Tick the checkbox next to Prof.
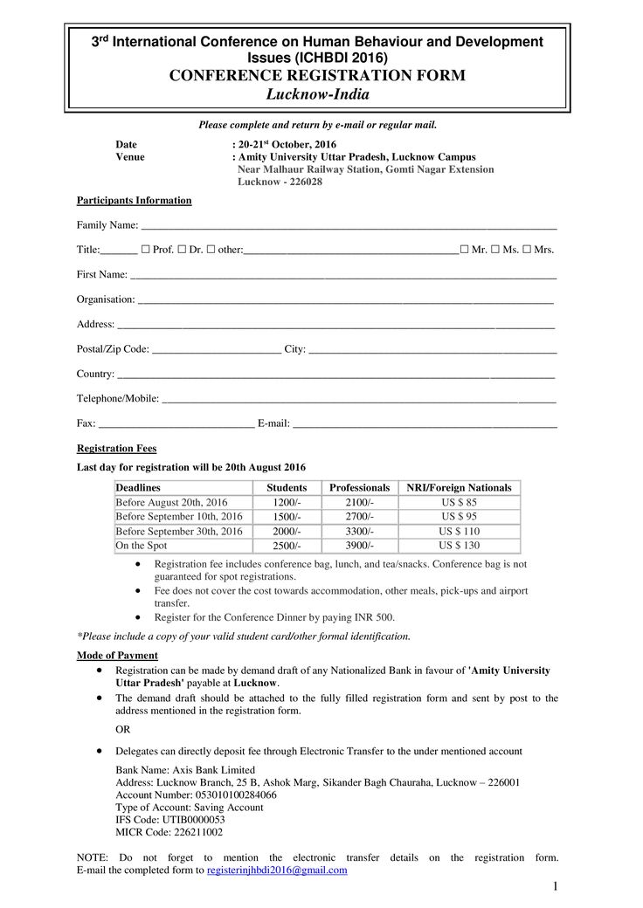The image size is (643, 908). (x=145, y=250)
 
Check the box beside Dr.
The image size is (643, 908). (x=182, y=250)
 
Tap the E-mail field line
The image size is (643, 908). (x=425, y=425)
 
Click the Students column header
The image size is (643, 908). (x=287, y=487)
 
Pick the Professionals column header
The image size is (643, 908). (x=359, y=487)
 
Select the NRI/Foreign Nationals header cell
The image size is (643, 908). (x=460, y=487)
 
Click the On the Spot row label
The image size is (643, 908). (x=142, y=546)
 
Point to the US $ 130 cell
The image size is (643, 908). (x=460, y=546)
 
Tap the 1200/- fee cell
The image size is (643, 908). (x=287, y=503)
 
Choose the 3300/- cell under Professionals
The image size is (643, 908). (x=359, y=531)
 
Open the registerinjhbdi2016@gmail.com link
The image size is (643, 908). (x=277, y=870)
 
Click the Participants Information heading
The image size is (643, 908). (x=134, y=201)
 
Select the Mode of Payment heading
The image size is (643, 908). (x=117, y=656)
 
